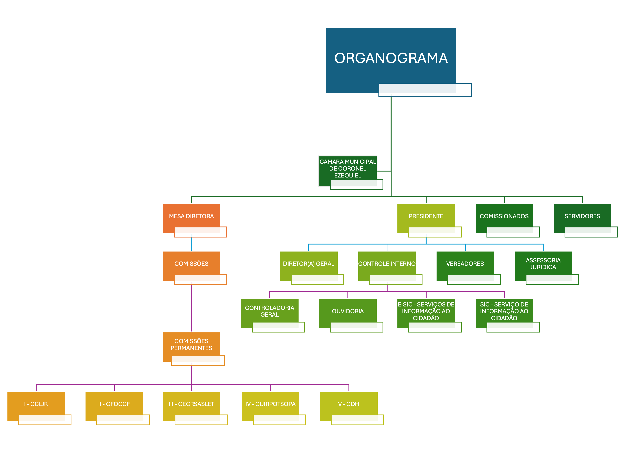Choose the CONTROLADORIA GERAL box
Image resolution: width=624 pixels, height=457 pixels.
[x=269, y=311]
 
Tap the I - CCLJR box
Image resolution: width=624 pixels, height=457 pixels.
[x=36, y=404]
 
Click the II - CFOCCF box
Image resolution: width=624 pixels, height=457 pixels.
[x=114, y=404]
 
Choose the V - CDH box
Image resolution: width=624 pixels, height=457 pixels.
[x=348, y=404]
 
